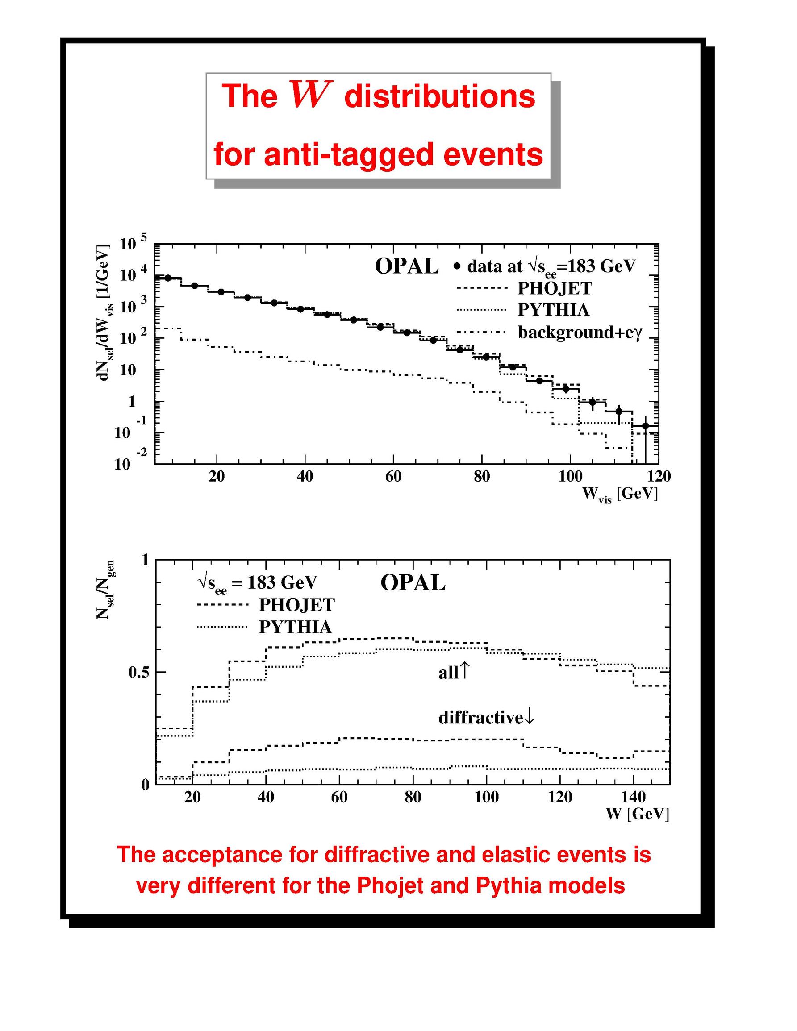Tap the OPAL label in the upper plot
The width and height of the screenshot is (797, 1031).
pyautogui.click(x=406, y=267)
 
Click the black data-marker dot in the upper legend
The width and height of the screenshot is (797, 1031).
pyautogui.click(x=457, y=267)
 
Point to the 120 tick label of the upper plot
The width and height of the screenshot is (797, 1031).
pyautogui.click(x=659, y=476)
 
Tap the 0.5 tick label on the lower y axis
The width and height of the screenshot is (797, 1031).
pyautogui.click(x=139, y=672)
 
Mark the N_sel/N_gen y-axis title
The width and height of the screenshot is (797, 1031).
pyautogui.click(x=105, y=590)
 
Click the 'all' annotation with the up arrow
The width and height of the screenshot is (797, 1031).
pyautogui.click(x=453, y=672)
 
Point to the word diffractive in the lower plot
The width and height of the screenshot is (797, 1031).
pyautogui.click(x=480, y=718)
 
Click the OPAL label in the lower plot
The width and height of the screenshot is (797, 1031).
pyautogui.click(x=413, y=583)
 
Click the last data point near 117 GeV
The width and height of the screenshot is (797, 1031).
pyautogui.click(x=646, y=426)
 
